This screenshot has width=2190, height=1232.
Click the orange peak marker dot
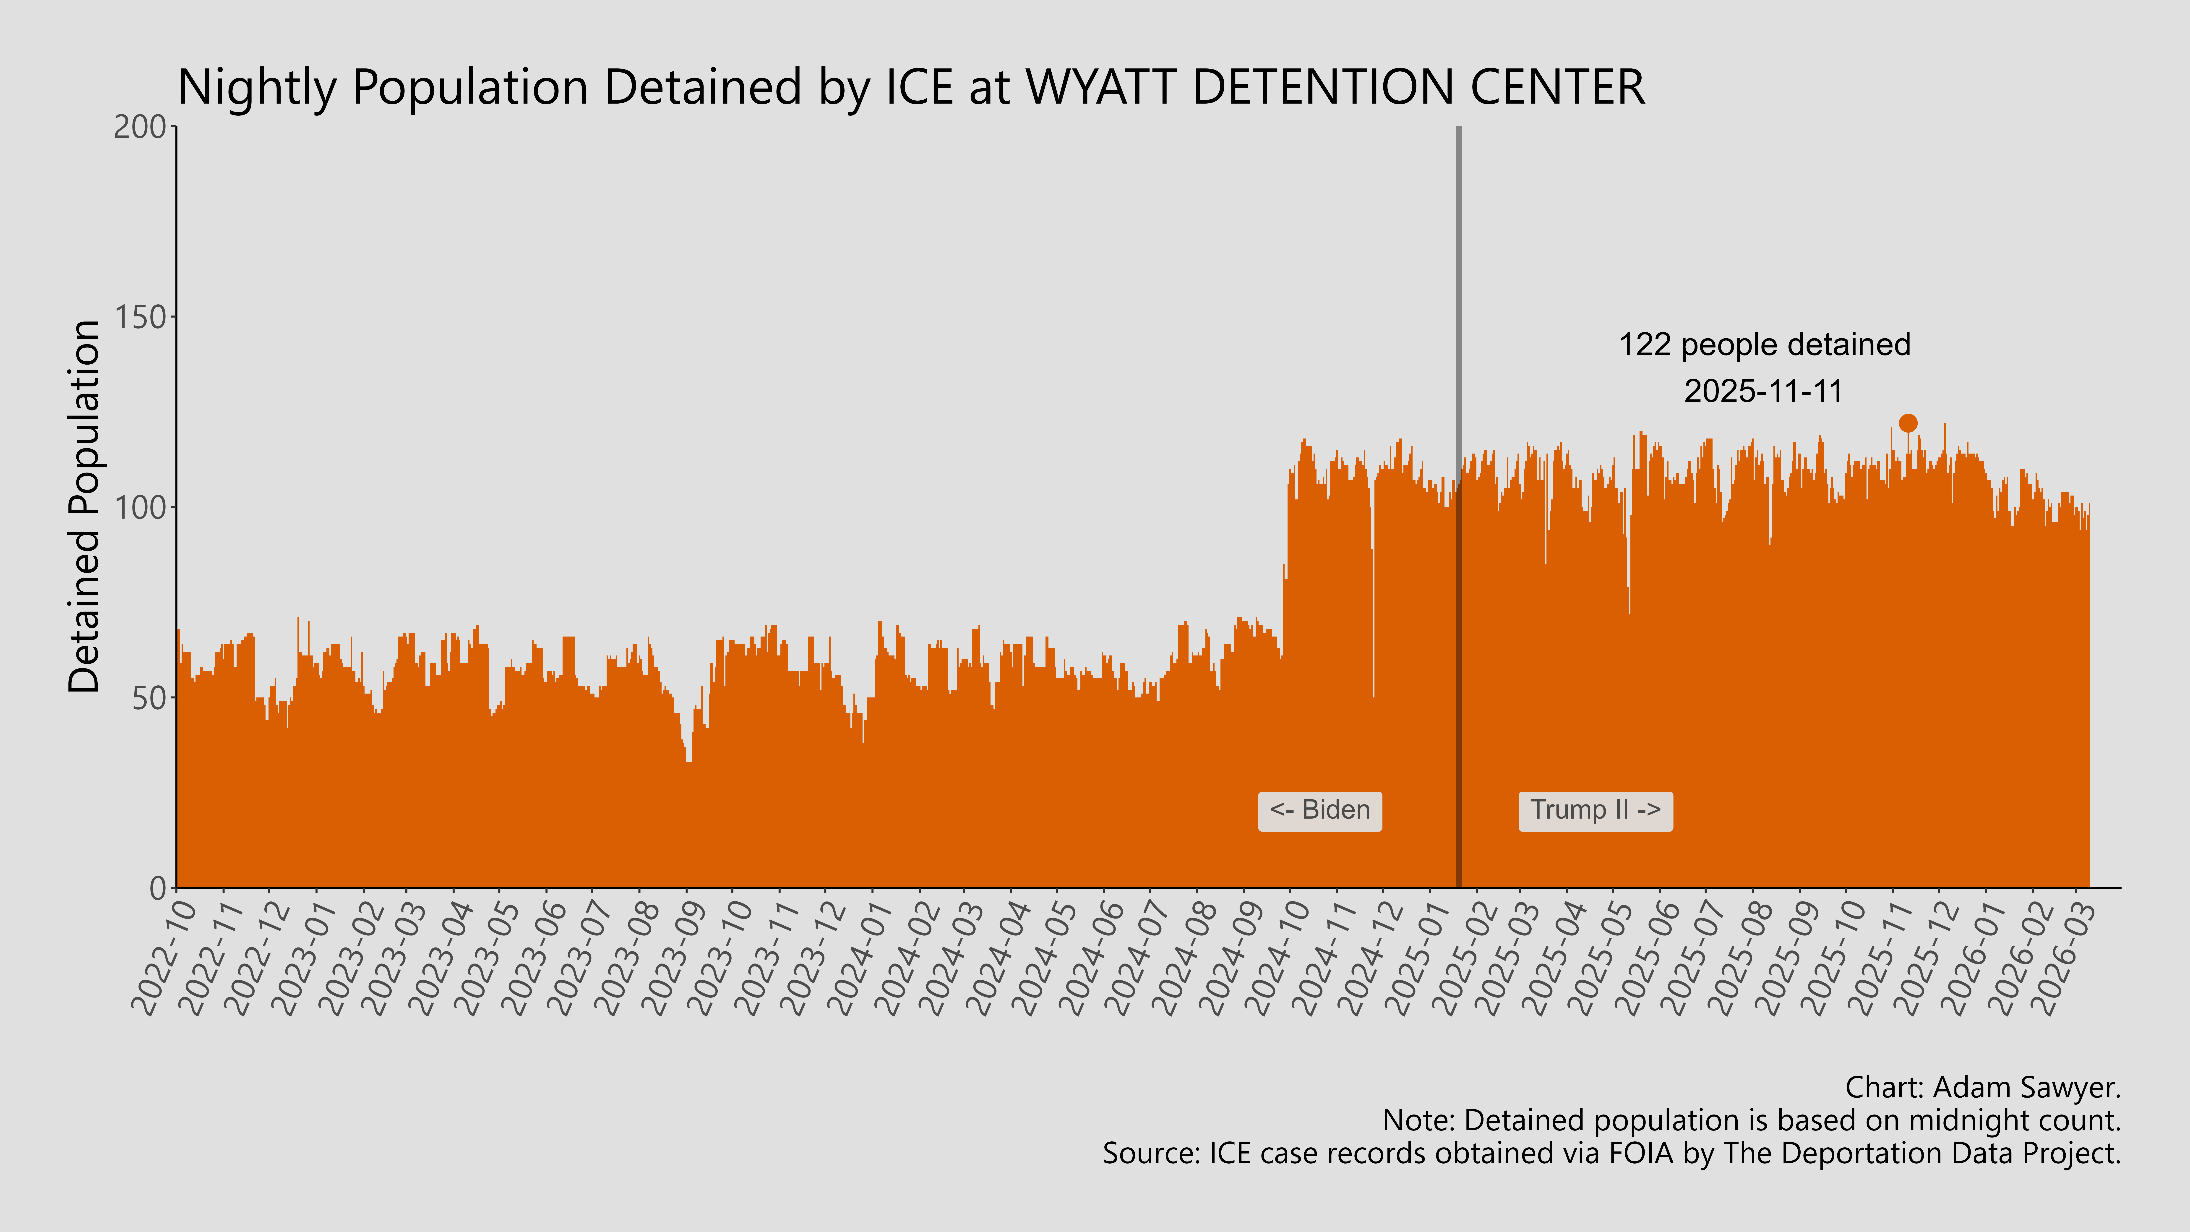point(1908,423)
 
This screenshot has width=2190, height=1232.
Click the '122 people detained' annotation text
point(1764,345)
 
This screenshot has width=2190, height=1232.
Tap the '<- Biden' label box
point(1319,810)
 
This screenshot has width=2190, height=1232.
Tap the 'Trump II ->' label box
point(1595,810)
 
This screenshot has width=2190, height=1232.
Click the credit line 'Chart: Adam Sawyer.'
point(1983,1087)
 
